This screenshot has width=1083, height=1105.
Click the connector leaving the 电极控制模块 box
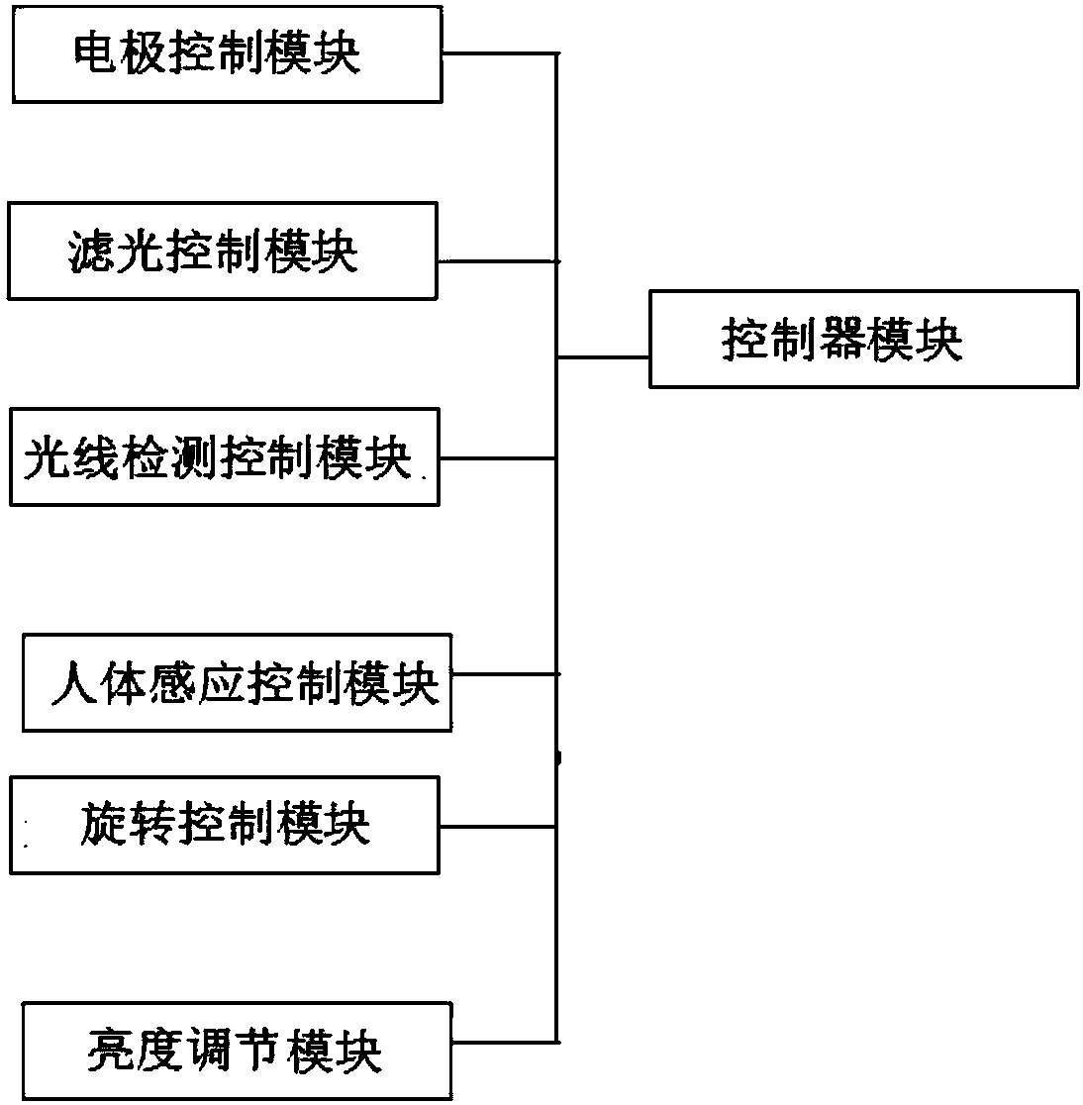click(500, 53)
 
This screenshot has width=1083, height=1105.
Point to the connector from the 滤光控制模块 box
click(499, 261)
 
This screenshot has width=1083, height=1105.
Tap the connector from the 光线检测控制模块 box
click(498, 458)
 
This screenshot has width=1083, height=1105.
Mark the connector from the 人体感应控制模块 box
click(506, 674)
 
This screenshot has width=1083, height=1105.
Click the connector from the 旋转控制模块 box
click(498, 827)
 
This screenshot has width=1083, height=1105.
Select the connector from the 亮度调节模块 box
click(505, 1042)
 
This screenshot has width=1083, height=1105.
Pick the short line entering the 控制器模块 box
click(603, 357)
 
